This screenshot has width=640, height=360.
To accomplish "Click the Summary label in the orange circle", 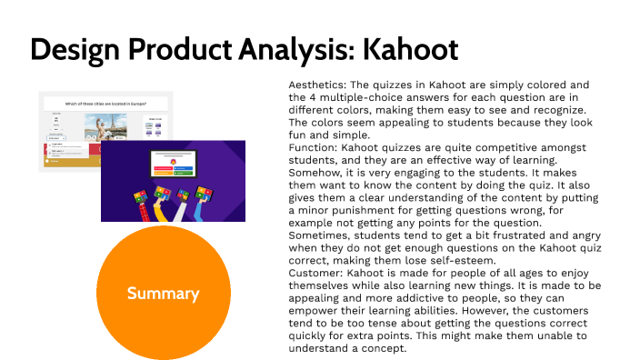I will (163, 293).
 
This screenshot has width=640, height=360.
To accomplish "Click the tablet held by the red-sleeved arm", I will (141, 194).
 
